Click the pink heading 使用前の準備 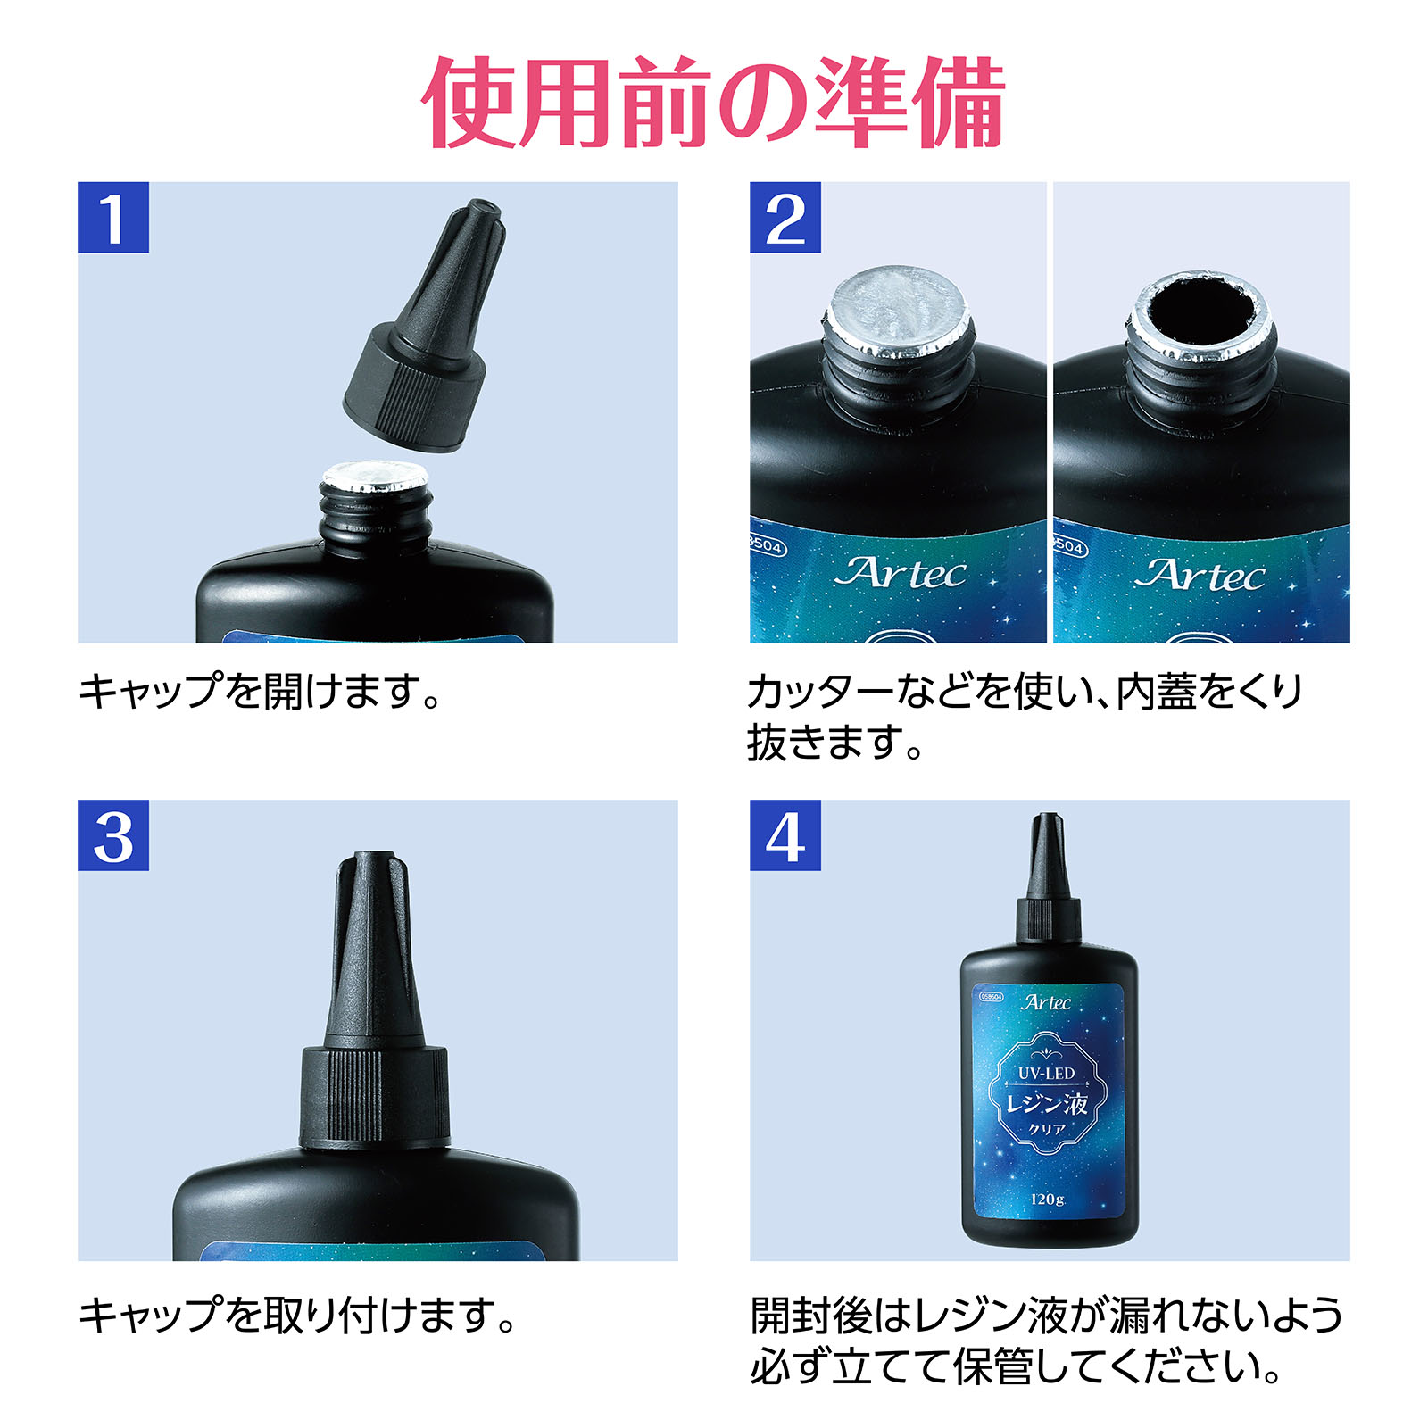click(x=714, y=103)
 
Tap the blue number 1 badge click(x=113, y=218)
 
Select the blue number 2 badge click(x=785, y=218)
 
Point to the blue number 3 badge click(x=113, y=835)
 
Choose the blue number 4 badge click(x=785, y=835)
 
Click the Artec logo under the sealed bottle click(x=900, y=574)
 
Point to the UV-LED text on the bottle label click(x=1047, y=1074)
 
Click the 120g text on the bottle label click(x=1048, y=1199)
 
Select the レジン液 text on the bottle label click(x=1047, y=1104)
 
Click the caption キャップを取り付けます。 click(x=299, y=1315)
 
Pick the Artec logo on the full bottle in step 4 click(x=1046, y=1003)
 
